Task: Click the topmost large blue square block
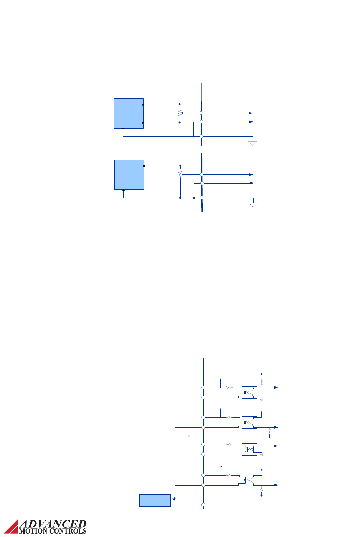pos(129,113)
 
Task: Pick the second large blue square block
pos(129,175)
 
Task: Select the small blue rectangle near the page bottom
pos(154,501)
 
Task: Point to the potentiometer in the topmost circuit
pos(180,113)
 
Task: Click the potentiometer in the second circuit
pos(180,174)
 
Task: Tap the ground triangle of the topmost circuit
pos(253,143)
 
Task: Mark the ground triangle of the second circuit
pos(253,205)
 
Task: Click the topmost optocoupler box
pos(249,393)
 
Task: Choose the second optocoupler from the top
pos(249,422)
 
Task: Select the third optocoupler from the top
pos(249,449)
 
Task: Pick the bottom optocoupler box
pos(249,480)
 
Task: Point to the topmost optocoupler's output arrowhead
pos(276,388)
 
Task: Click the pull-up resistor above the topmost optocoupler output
pos(261,383)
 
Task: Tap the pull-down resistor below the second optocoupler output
pos(269,433)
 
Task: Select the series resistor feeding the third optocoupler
pos(229,444)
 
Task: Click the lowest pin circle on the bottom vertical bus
pos(203,505)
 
